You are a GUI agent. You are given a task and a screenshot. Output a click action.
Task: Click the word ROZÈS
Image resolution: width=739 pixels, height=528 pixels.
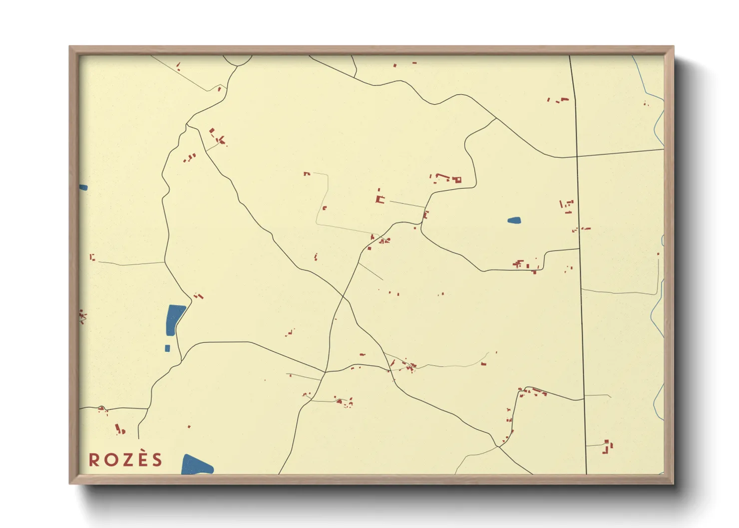coord(126,460)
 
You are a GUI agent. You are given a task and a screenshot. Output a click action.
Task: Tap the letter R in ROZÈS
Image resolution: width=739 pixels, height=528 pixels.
coord(94,460)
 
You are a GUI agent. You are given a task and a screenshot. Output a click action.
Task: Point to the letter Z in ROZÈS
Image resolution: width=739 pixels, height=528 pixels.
coord(126,460)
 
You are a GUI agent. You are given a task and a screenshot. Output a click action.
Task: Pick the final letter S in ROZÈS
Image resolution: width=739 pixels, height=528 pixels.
coord(158,460)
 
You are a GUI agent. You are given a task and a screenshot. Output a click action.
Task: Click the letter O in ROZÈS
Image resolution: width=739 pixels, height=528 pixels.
coord(110,460)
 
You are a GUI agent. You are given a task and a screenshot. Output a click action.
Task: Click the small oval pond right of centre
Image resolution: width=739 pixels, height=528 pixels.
coord(514,220)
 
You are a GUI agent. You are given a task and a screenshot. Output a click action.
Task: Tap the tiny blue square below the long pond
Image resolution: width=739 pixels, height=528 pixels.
coord(168,348)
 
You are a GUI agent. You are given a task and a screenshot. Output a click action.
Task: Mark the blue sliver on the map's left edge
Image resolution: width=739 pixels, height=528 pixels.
coord(83,188)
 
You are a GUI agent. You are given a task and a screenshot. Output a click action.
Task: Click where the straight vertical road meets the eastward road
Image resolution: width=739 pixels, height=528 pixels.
coord(577,156)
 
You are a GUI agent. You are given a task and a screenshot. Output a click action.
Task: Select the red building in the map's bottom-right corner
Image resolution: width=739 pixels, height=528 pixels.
coord(608,446)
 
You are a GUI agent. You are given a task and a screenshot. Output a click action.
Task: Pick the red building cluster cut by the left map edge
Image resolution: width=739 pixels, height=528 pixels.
coord(82,316)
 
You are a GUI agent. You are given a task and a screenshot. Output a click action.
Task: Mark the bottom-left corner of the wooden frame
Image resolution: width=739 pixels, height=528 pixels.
coord(70,483)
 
